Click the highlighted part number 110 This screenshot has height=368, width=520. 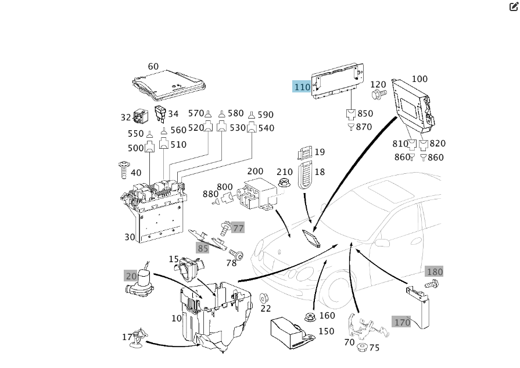[302, 87]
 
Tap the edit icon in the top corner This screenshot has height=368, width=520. [514, 7]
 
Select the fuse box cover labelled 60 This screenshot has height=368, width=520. [169, 85]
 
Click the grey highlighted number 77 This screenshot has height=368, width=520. [238, 228]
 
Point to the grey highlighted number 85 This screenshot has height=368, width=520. [202, 248]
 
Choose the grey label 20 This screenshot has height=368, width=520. [131, 276]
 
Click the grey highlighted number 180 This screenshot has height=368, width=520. [435, 271]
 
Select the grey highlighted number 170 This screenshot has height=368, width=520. [402, 322]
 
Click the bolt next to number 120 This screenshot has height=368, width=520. [379, 94]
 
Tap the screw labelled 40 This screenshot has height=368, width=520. [123, 170]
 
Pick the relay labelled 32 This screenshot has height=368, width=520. [140, 116]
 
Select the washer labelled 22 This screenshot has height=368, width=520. [264, 298]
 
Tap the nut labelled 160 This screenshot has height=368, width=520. [310, 317]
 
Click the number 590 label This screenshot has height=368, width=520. [265, 115]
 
